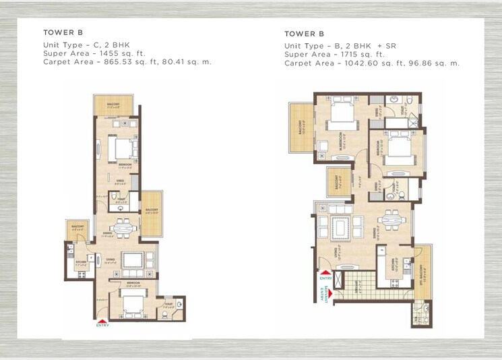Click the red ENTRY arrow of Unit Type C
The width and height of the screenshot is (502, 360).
tap(102, 322)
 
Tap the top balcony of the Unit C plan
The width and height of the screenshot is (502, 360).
tap(113, 105)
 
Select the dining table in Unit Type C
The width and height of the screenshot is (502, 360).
tap(121, 227)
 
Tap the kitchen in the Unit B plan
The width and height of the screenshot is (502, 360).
tap(391, 266)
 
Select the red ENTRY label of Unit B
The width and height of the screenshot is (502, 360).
tap(326, 277)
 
